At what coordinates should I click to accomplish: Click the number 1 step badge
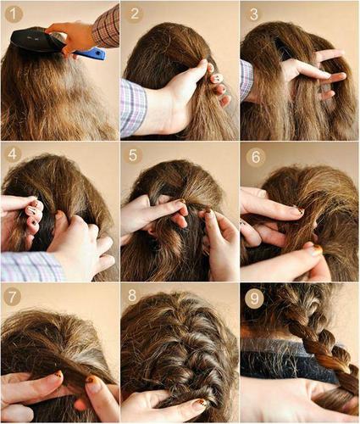coord(14,14)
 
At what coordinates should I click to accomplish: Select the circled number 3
coord(254,14)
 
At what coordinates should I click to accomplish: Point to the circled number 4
coord(14,155)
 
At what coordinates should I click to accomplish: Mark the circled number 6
coord(255,158)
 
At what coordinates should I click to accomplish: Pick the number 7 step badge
coord(14,298)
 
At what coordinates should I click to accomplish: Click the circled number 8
coord(134,298)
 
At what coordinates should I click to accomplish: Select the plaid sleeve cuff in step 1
coord(107,25)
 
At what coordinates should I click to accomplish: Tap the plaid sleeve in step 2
coord(133,106)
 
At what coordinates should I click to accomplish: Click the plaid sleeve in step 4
coord(30,265)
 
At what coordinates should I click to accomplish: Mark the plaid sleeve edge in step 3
coord(246,81)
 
